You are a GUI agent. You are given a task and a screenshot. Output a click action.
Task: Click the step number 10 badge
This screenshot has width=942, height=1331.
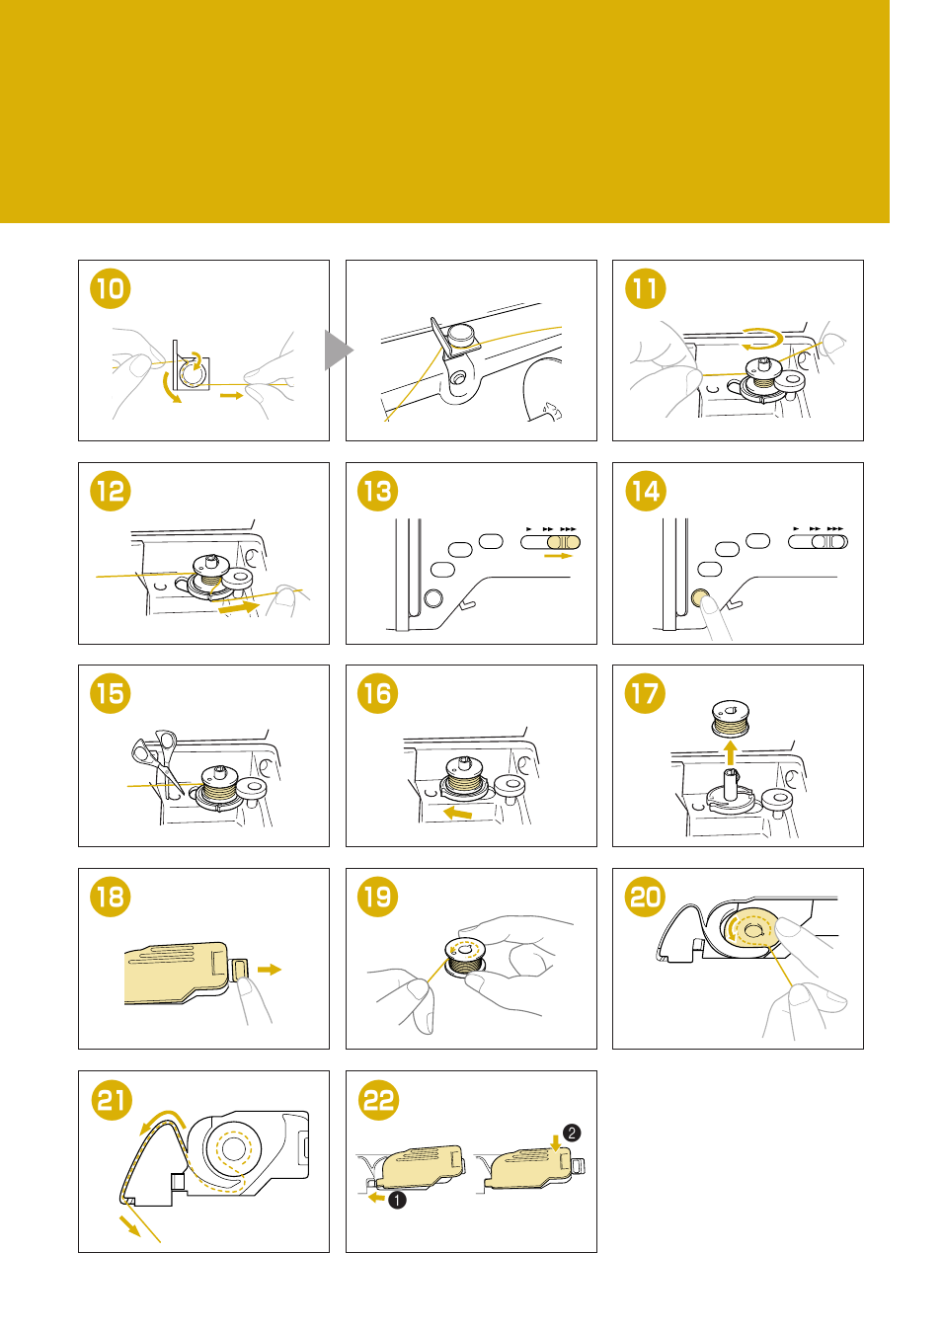(111, 289)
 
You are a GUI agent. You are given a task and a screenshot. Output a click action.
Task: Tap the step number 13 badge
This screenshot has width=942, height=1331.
(377, 492)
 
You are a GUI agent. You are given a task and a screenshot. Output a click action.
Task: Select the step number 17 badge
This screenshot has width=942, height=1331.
(645, 694)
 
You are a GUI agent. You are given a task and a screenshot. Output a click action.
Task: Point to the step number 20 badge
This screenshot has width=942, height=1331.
(645, 898)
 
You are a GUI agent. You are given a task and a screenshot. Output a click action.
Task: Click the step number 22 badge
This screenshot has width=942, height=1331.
(377, 1100)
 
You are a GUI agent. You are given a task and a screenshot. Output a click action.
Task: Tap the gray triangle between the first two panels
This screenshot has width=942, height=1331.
(337, 350)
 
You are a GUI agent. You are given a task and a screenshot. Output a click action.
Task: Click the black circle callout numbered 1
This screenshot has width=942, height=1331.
(397, 1200)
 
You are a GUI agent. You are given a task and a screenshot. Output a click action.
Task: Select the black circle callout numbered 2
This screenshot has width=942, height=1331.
(572, 1133)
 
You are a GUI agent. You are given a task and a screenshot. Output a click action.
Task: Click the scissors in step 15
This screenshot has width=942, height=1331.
(157, 754)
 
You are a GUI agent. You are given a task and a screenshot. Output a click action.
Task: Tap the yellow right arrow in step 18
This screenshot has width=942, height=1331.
(269, 970)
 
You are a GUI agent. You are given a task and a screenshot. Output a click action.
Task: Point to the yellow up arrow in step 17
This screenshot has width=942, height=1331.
(730, 753)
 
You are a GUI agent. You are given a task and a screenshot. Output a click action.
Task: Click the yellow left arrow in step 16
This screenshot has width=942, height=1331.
(457, 813)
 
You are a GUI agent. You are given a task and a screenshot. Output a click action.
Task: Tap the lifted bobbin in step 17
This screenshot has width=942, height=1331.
(731, 717)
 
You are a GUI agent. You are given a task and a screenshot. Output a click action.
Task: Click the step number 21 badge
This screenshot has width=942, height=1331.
(111, 1100)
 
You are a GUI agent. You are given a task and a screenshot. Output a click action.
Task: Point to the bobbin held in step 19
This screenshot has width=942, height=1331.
(465, 955)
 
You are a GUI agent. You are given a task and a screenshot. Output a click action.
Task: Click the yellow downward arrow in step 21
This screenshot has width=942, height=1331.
(129, 1226)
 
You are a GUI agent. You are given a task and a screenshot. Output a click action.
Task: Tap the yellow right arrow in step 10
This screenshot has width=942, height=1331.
(231, 395)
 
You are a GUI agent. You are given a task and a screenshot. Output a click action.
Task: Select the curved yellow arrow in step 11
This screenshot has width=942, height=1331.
(761, 338)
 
